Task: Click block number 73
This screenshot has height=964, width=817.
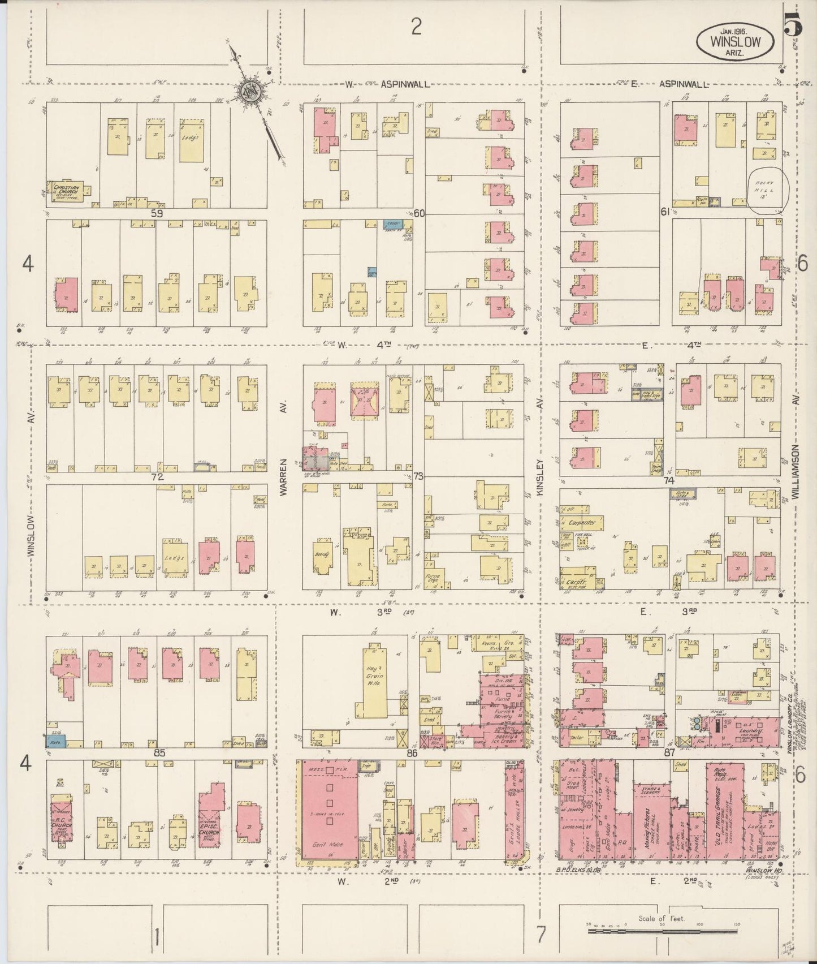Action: pyautogui.click(x=418, y=476)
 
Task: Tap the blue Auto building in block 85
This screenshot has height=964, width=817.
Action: pyautogui.click(x=56, y=739)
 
